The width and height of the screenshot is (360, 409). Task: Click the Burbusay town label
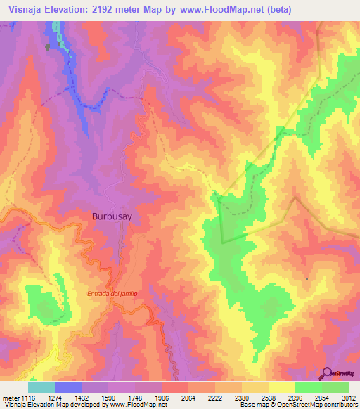tap(110, 217)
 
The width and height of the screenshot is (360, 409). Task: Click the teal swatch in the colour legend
tap(41, 387)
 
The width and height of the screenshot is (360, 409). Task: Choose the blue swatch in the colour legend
tap(68, 387)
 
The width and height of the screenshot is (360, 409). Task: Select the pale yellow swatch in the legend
tap(282, 387)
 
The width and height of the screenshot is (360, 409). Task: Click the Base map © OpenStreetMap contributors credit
tap(297, 405)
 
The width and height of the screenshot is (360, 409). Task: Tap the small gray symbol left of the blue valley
tap(48, 47)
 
